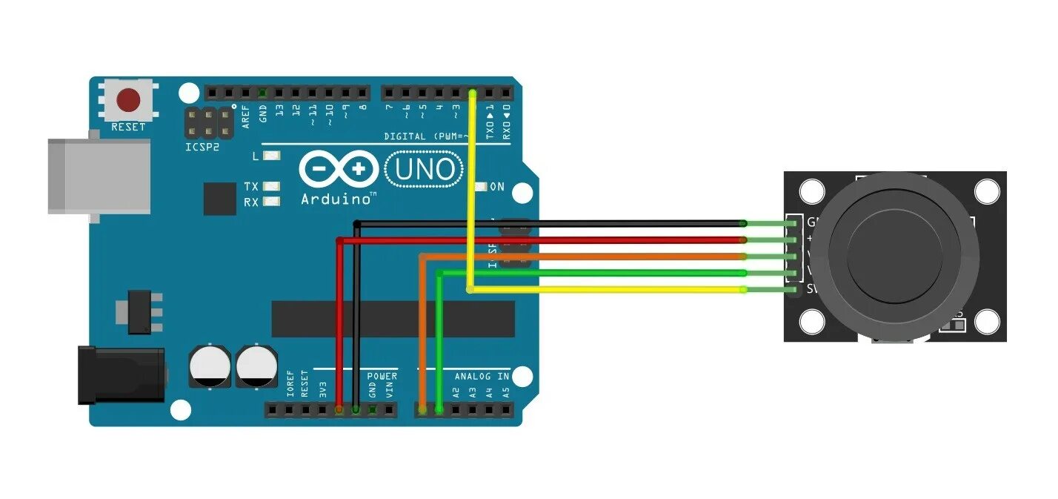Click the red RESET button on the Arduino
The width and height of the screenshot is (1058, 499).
(130, 99)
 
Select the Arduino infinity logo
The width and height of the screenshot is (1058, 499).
(338, 170)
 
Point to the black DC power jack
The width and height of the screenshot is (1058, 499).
(121, 375)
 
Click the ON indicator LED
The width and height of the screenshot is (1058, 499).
(481, 187)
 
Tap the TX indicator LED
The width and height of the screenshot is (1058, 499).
(272, 187)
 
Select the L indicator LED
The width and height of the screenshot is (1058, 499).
(272, 156)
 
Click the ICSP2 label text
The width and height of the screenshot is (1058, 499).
(202, 147)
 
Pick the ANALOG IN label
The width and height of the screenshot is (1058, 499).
(482, 377)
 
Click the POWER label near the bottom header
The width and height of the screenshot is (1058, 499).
(382, 377)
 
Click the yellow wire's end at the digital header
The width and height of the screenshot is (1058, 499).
(473, 93)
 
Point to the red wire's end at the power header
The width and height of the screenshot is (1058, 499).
(339, 409)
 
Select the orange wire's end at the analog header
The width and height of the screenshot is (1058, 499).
(422, 409)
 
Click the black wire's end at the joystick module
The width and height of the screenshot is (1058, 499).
(743, 222)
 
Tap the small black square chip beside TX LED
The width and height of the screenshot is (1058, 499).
(219, 198)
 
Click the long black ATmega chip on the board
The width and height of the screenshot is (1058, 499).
(393, 319)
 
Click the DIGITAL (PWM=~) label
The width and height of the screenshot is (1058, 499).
(427, 136)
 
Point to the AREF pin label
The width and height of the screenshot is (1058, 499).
(246, 116)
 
